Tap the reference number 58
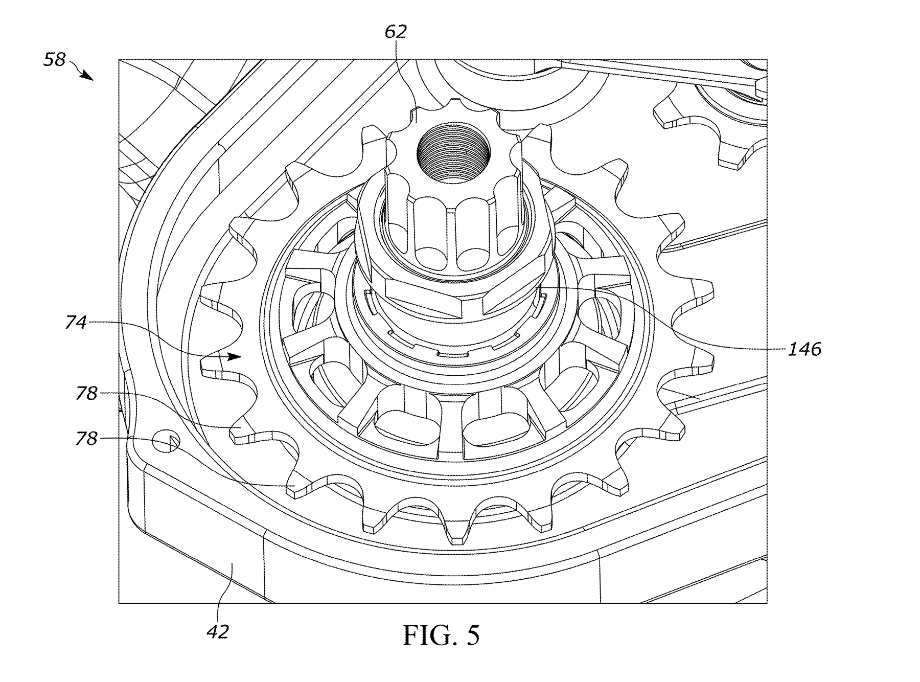click(55, 59)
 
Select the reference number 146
click(804, 350)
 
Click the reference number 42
click(218, 632)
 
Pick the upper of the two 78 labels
click(86, 394)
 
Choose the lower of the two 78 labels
click(86, 439)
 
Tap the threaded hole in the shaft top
click(453, 153)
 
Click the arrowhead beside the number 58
click(87, 76)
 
